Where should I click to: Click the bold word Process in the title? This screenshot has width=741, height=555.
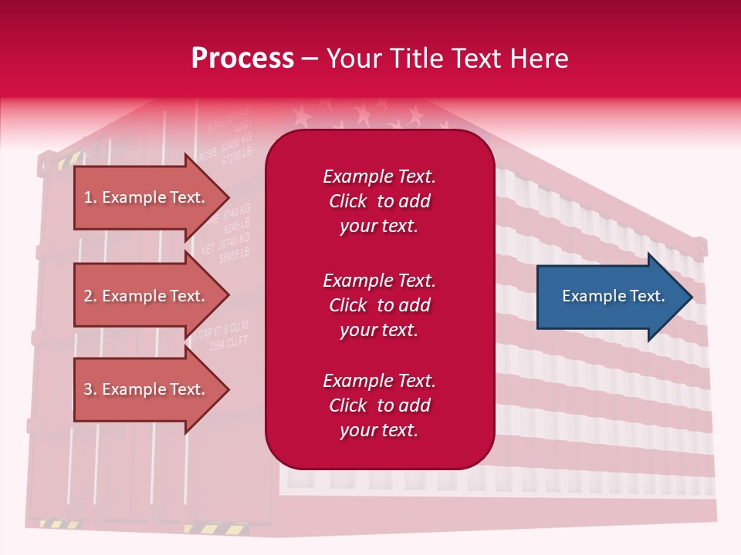coord(242,59)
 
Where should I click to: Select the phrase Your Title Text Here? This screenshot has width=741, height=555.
coord(447,59)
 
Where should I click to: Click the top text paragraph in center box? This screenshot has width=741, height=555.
coord(379,201)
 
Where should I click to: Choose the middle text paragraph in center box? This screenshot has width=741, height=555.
coord(379,305)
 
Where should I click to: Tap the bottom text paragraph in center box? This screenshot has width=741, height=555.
coord(379,405)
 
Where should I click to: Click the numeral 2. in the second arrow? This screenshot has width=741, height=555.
coord(90,296)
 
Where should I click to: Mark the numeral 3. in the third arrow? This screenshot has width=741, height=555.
coord(90,389)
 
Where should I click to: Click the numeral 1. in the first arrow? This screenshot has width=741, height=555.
coord(90,197)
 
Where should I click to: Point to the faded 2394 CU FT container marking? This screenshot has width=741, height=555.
coord(229,344)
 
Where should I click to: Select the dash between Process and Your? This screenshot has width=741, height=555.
coord(310,59)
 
